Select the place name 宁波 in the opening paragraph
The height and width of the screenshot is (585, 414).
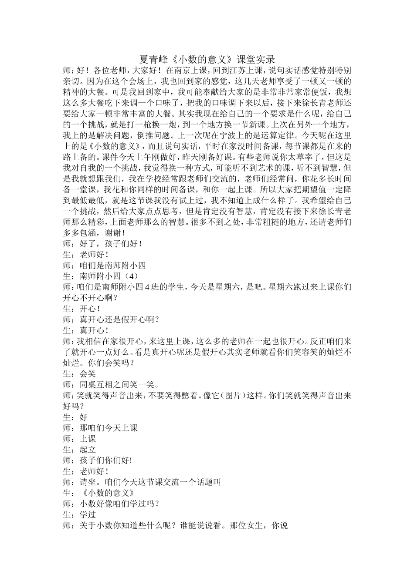pos(238,135)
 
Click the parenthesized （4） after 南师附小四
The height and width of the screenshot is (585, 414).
pos(130,276)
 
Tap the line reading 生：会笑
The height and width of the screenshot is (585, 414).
pos(79,373)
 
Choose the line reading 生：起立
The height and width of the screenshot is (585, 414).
pos(79,450)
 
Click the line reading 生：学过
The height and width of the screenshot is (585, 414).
pos(79,514)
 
